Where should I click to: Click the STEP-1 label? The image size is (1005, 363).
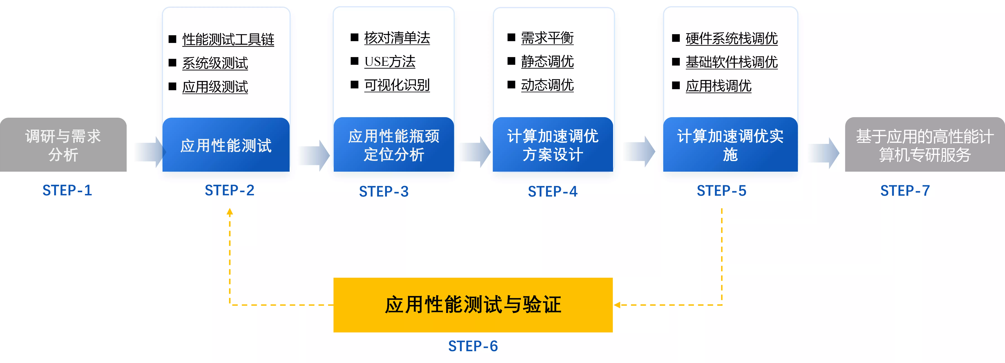point(67,190)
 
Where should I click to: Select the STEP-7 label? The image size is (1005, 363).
point(905,191)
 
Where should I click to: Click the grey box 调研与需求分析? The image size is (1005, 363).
point(63,145)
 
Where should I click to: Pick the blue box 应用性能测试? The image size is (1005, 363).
point(226,145)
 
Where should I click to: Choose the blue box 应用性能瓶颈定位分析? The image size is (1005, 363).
point(394,145)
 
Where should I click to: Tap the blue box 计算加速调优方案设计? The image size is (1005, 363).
point(553,145)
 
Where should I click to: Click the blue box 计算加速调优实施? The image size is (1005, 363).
point(730,145)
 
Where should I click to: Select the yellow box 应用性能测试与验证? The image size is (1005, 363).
point(473,305)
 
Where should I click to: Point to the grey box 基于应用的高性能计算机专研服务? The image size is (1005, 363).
point(925,145)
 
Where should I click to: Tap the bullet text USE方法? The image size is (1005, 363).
point(390,62)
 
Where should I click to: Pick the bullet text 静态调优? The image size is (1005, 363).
point(547,61)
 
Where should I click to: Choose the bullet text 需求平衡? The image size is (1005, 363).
point(547,38)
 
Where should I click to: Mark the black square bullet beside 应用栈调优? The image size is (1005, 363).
point(676,86)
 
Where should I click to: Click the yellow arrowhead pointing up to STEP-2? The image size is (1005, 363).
point(230,212)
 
